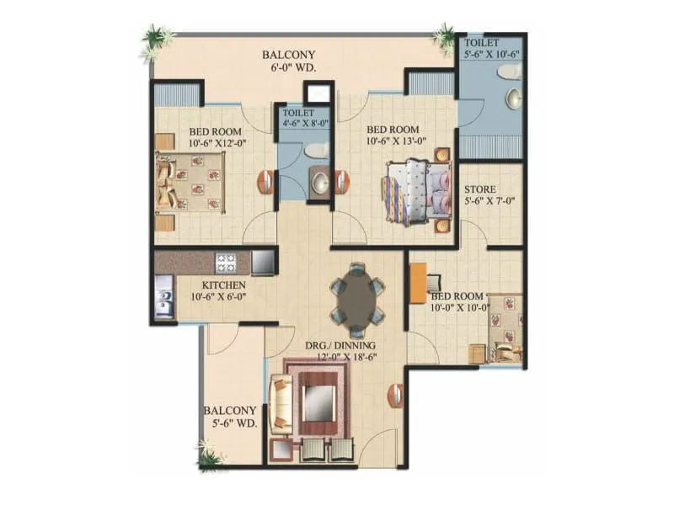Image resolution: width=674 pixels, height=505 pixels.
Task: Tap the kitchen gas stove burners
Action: [x=226, y=263]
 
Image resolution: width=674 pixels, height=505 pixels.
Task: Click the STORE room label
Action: [x=480, y=190]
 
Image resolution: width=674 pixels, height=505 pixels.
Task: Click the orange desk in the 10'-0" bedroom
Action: [x=418, y=284]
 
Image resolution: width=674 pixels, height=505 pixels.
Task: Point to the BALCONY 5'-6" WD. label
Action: [x=229, y=417]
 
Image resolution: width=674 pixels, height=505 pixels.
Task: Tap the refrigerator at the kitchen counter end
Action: [x=263, y=263]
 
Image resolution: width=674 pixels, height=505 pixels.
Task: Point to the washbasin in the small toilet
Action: [x=319, y=182]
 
